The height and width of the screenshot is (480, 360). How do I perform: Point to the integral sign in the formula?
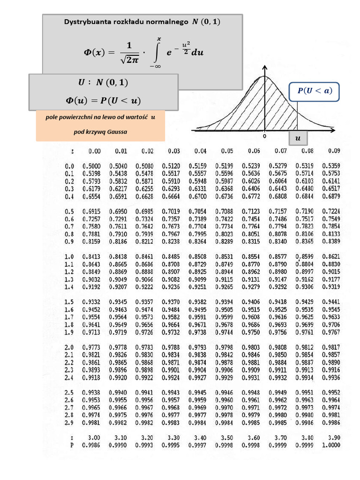click(156, 52)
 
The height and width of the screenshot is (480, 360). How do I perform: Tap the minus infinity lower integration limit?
click(155, 67)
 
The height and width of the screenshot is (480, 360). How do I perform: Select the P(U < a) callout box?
click(314, 91)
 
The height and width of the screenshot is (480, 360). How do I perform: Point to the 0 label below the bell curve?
click(264, 136)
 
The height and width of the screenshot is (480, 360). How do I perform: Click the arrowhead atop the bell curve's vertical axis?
click(265, 66)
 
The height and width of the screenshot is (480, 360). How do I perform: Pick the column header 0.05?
click(227, 151)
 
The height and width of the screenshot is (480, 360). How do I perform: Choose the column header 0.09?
click(334, 151)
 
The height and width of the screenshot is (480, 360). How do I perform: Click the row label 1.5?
click(69, 302)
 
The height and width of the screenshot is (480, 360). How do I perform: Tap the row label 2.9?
click(69, 423)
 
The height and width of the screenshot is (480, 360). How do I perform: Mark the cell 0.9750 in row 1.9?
click(254, 332)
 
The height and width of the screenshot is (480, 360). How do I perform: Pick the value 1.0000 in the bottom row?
click(331, 445)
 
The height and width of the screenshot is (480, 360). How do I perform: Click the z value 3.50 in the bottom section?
click(227, 438)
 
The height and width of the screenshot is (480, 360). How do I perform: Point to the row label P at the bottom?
click(72, 445)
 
